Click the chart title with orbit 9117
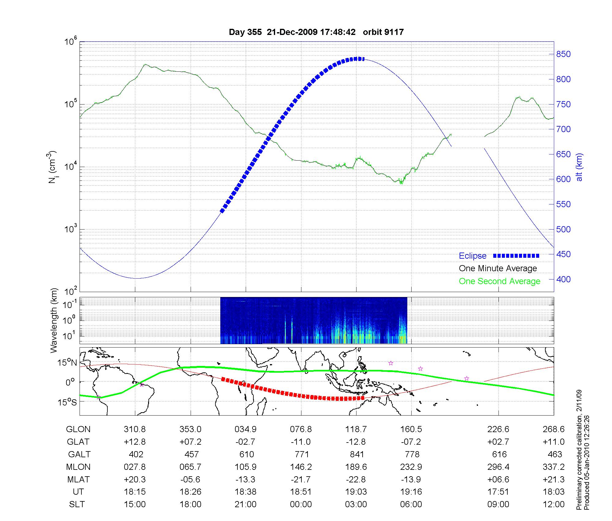click(x=316, y=32)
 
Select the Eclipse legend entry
click(x=472, y=256)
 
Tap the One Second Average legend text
click(x=499, y=281)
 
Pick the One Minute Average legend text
click(x=498, y=268)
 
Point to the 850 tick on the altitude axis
click(x=563, y=54)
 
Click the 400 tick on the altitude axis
click(x=563, y=279)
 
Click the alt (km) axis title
click(x=579, y=167)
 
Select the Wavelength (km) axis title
click(x=54, y=320)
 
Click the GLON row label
click(x=78, y=429)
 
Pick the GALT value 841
click(x=356, y=454)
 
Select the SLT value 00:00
click(x=301, y=504)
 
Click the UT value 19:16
click(x=411, y=492)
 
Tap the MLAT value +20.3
click(x=135, y=479)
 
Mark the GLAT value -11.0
click(x=301, y=442)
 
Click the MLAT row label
click(x=78, y=479)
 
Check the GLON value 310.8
click(x=135, y=429)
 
